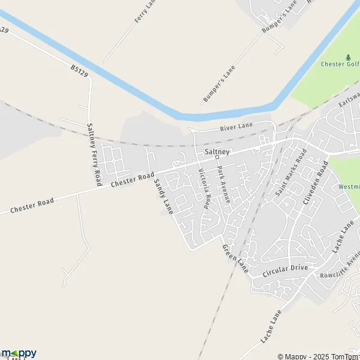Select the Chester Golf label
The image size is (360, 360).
[340, 65]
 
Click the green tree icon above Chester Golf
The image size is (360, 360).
[348, 57]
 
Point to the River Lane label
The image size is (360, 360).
[237, 127]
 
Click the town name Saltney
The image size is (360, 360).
[217, 152]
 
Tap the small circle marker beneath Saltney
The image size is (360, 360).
[217, 159]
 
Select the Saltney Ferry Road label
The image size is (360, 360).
[93, 153]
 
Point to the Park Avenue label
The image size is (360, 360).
[224, 185]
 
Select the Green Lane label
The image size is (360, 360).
[235, 259]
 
